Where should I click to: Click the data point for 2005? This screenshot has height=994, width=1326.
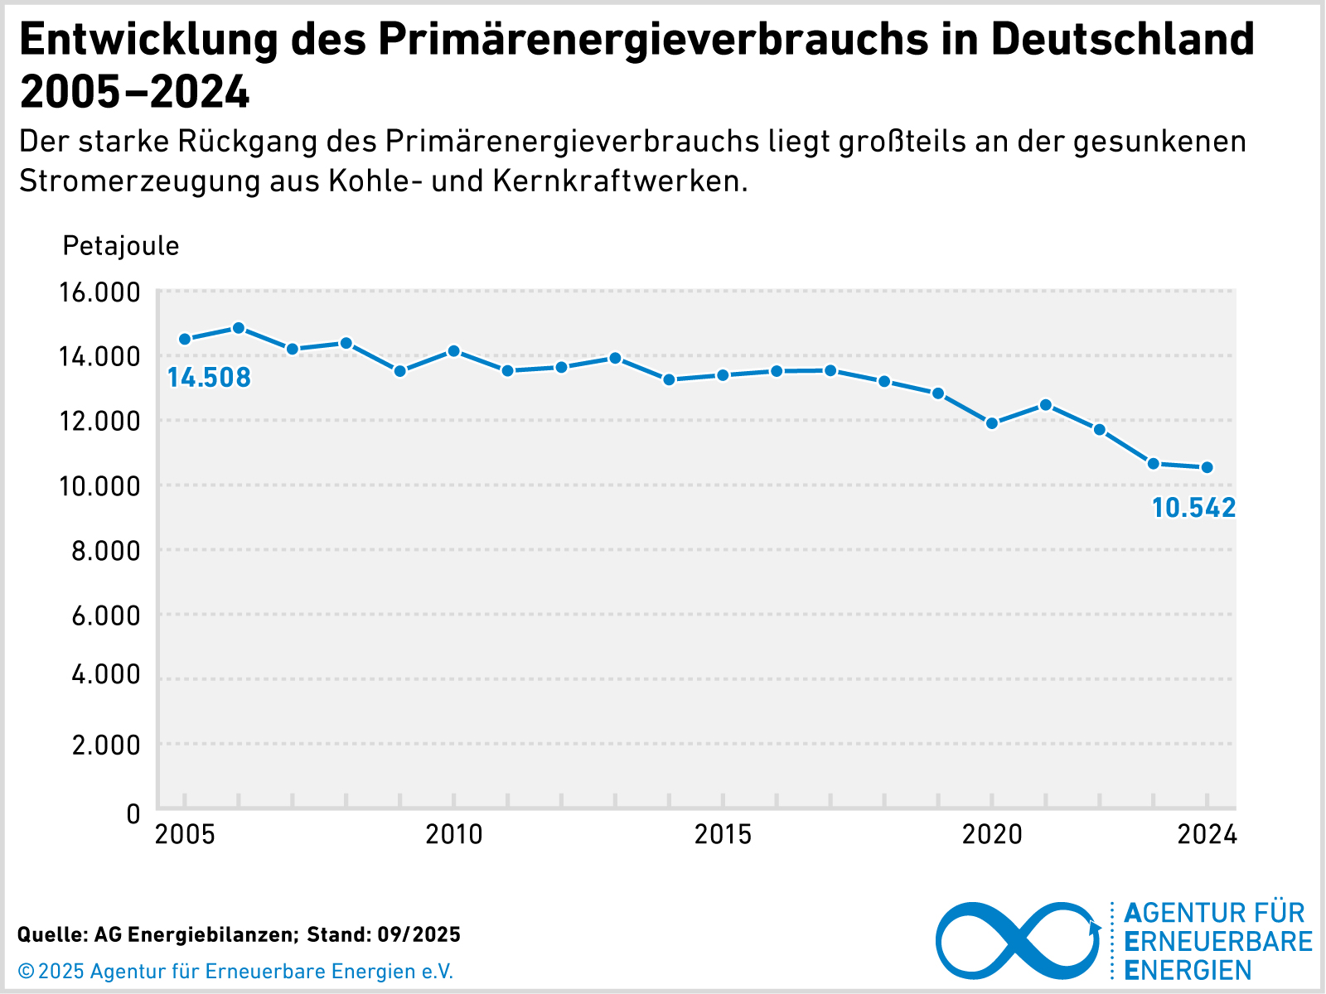pos(185,339)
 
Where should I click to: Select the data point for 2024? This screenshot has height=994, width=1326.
pos(1207,467)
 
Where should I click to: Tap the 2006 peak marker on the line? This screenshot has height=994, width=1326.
pos(239,328)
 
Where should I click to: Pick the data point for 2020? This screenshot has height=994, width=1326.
pos(992,423)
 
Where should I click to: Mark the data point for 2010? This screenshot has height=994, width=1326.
pos(454,351)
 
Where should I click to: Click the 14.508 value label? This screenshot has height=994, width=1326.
pos(209,379)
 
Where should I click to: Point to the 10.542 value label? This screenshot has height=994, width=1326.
pos(1193,508)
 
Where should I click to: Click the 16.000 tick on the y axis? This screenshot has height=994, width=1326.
pos(99,292)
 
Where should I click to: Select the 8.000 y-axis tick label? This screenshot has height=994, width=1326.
pos(106,551)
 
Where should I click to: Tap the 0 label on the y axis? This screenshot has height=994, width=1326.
pos(133,813)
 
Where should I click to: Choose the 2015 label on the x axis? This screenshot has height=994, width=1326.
pos(723,835)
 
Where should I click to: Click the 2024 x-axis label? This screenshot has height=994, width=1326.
pos(1207,835)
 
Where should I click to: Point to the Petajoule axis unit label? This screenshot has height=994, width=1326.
pos(121,246)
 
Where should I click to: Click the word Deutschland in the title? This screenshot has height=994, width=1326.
pos(1122,39)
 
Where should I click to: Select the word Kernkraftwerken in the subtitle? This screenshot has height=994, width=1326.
pos(620,181)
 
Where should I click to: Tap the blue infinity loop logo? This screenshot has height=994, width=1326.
pos(1017,940)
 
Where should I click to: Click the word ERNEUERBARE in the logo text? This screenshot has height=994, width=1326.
pos(1218,942)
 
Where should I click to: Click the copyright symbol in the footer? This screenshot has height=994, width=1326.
pos(27,971)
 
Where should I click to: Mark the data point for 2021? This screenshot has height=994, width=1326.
pos(1046,405)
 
